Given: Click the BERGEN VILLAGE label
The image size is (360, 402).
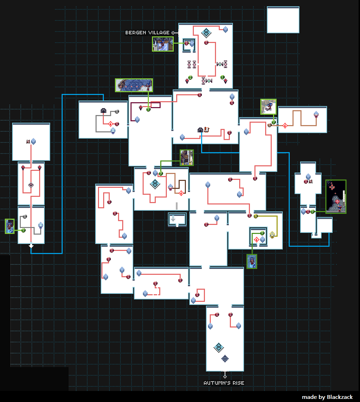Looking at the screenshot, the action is (147, 33).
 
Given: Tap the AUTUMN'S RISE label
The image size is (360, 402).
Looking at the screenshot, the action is (224, 383).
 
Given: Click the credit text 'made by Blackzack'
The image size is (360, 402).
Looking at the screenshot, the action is (327, 397).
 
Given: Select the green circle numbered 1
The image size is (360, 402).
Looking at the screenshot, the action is (223, 77).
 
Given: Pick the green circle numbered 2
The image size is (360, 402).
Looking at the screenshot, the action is (190, 77).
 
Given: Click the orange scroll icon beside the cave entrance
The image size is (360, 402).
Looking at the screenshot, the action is (207, 130).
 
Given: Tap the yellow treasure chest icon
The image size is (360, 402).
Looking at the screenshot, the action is (272, 235).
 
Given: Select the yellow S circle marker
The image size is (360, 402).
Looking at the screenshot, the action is (256, 216).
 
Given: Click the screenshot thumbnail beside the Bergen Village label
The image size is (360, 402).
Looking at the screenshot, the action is (163, 44).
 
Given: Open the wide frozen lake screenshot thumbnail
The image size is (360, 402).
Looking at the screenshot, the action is (134, 85).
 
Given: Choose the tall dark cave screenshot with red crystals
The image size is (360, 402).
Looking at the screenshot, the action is (335, 196).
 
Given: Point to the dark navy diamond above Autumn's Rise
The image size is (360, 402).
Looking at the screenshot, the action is (225, 359).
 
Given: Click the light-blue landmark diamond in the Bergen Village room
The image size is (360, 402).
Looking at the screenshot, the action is (206, 33).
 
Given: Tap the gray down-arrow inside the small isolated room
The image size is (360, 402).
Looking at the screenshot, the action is (173, 218).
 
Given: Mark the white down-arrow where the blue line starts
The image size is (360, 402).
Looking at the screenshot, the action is (31, 246).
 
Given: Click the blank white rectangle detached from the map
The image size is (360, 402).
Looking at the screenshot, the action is (283, 20).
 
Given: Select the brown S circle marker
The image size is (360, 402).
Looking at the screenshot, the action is (269, 125).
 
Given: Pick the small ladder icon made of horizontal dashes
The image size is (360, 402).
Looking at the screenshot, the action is (177, 206).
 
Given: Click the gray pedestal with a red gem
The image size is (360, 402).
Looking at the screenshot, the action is (31, 185).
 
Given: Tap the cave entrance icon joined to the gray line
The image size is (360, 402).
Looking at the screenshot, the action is (103, 111).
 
